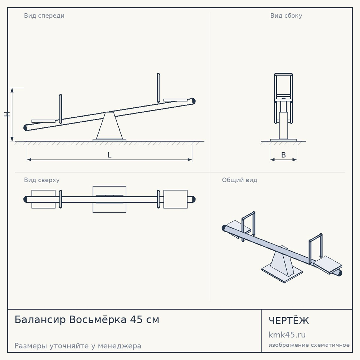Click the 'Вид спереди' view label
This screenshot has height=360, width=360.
click(44, 15)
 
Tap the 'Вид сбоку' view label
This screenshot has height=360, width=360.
click(286, 15)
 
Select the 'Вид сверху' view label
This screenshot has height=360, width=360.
click(42, 180)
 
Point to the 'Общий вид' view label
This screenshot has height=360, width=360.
click(239, 180)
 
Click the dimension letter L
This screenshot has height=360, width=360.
click(109, 155)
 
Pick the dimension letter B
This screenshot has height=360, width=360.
click(284, 155)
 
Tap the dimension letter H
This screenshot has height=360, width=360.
click(7, 114)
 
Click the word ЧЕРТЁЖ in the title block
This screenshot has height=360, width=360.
click(289, 320)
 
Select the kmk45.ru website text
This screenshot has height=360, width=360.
click(287, 335)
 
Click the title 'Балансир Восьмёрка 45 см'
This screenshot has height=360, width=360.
click(87, 320)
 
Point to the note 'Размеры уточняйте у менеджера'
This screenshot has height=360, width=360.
click(78, 346)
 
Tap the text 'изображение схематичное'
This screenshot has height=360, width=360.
click(309, 345)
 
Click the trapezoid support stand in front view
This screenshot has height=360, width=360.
click(109, 126)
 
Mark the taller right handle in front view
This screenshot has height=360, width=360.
click(158, 88)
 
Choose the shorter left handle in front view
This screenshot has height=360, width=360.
click(60, 109)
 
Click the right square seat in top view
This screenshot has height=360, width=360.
click(175, 199)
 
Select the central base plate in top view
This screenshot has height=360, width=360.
click(109, 199)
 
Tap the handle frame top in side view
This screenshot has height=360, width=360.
click(284, 74)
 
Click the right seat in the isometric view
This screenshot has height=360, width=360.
click(328, 265)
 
